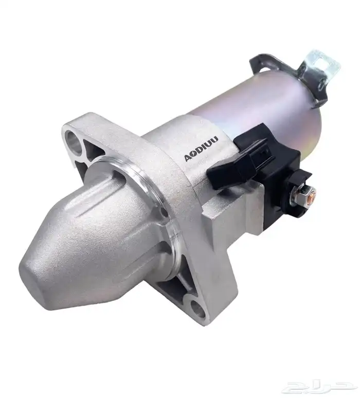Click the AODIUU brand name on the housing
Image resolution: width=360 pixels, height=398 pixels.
[x=201, y=149]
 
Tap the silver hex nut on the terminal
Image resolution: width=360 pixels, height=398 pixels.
[x=301, y=194]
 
